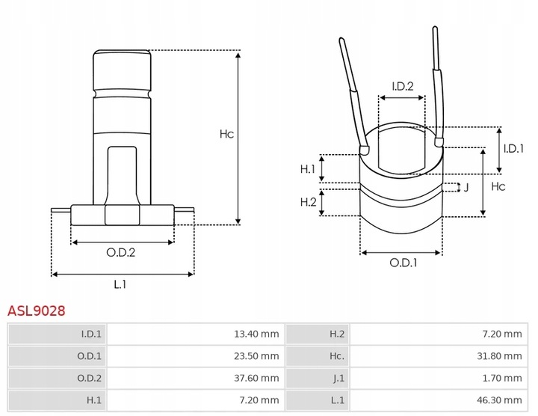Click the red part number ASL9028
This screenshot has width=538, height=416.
36,310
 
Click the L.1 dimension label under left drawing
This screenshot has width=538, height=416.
120,284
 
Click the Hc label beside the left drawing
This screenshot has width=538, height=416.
226,135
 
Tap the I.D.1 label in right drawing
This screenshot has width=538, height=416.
513,149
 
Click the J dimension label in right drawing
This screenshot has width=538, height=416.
466,187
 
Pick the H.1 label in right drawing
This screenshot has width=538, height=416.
308,169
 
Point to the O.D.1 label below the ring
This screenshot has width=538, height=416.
403,263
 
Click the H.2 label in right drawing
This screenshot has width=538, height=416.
308,202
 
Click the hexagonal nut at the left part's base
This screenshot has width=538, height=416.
122,214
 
